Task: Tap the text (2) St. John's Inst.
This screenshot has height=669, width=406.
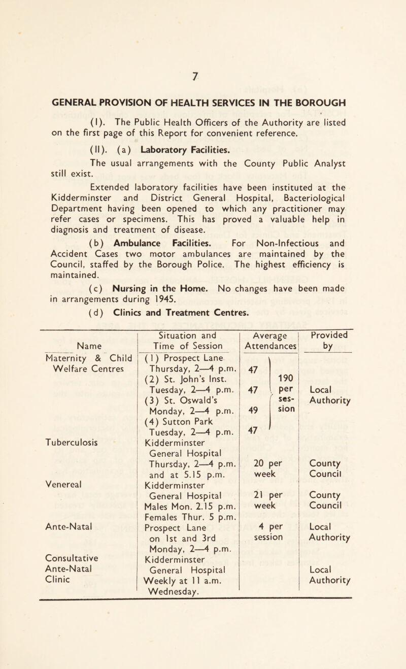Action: point(176,386)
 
